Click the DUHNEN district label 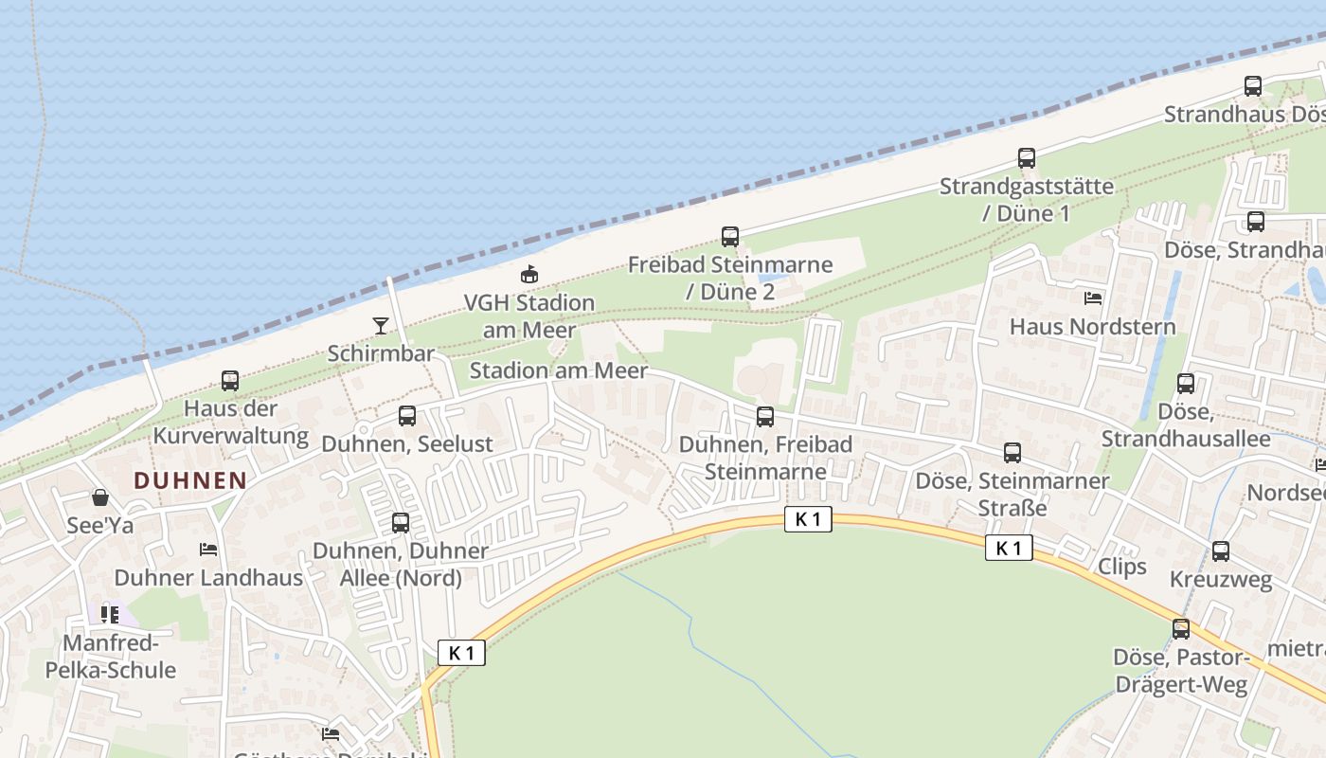coord(190,480)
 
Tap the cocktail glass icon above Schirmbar coord(381,326)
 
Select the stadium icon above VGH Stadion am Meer coord(529,275)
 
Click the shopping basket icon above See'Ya coord(100,497)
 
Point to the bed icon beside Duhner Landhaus coord(208,550)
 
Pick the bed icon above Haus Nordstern coord(1093,298)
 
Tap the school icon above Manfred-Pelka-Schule coord(110,615)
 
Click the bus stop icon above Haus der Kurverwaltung coord(230,381)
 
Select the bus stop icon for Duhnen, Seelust coord(407,415)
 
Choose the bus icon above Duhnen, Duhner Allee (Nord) coord(401,523)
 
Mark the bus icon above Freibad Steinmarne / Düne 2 coord(729,237)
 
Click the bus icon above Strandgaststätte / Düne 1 coord(1027,158)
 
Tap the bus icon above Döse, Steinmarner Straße coord(1012,453)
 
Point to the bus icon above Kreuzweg coord(1221,551)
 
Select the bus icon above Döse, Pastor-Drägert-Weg coord(1181,629)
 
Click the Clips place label coord(1122,567)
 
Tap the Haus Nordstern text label coord(1093,327)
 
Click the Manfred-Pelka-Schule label coord(111,657)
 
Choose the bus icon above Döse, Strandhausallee coord(1186,384)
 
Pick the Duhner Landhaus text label coord(208,577)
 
